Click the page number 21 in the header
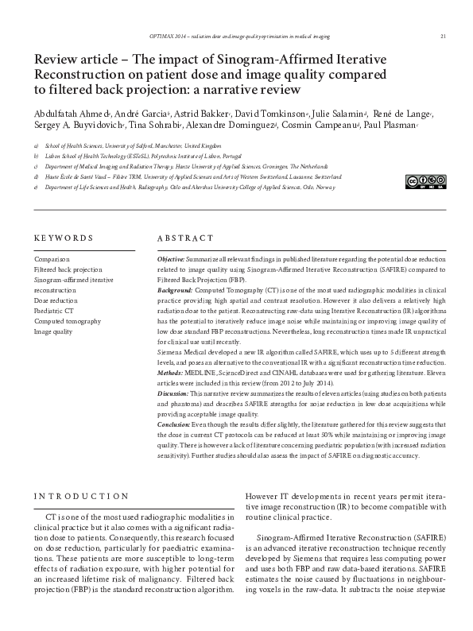tap(442, 36)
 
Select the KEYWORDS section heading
tap(64, 238)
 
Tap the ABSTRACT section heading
tap(185, 238)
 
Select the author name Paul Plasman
tap(391, 126)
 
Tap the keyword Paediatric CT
tap(53, 311)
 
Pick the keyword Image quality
tap(54, 331)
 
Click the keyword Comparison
tap(52, 259)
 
